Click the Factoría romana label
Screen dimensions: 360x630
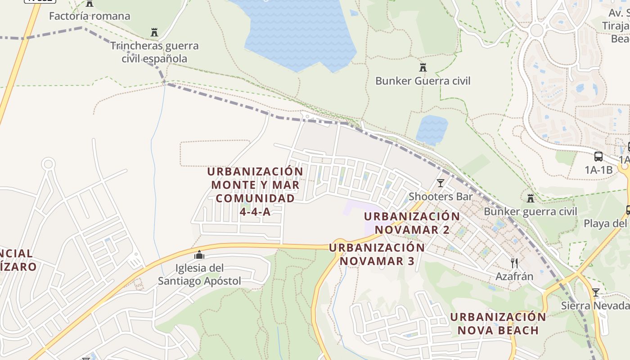coord(90,16)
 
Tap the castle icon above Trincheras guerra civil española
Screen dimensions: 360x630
coord(154,32)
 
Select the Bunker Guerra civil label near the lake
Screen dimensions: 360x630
coord(423,81)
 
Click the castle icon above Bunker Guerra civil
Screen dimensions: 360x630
coord(423,67)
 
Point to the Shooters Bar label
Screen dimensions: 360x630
coord(440,197)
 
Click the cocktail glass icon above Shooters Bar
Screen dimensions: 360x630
coord(440,183)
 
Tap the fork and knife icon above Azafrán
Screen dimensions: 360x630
coord(514,263)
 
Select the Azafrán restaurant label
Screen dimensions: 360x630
coord(514,276)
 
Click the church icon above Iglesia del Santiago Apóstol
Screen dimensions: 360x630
coord(199,255)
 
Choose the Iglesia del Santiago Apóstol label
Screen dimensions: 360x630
coord(199,274)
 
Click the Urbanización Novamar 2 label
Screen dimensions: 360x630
coord(412,223)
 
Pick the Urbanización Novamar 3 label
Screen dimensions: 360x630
coord(377,254)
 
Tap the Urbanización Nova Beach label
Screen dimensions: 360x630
coord(498,324)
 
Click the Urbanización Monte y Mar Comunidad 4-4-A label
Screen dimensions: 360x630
coord(255,191)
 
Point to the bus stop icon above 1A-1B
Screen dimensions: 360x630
coord(598,157)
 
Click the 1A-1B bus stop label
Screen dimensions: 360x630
coord(598,170)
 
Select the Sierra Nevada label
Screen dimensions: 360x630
coord(595,306)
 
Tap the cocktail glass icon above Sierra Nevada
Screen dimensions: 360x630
coord(596,292)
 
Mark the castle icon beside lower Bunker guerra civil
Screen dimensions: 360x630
coord(531,198)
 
